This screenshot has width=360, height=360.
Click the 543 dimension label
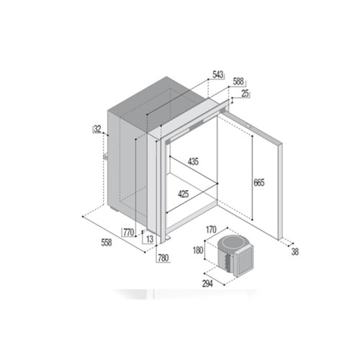point(218,74)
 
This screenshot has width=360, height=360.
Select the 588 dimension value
point(238,81)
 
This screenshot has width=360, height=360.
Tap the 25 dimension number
point(245,94)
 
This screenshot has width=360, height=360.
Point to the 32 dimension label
point(97,129)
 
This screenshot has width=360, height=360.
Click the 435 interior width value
point(193,161)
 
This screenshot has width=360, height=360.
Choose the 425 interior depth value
point(184,194)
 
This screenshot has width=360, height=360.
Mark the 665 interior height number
point(259,183)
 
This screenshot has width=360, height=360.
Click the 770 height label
point(128,232)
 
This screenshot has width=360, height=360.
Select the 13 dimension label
point(150,239)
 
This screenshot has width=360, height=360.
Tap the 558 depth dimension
point(107,243)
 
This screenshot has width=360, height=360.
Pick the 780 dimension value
point(163,258)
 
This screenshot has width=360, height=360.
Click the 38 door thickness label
point(295,252)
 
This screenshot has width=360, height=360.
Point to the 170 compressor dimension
point(211,230)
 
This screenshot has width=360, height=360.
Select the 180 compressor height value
point(198,251)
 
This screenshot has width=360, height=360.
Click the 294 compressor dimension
point(207,284)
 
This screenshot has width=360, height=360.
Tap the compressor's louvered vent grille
point(244,261)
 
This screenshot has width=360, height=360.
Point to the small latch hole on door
point(248,125)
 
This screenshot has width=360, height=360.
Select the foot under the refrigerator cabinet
point(114,210)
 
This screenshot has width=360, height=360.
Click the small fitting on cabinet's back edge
point(105,156)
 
